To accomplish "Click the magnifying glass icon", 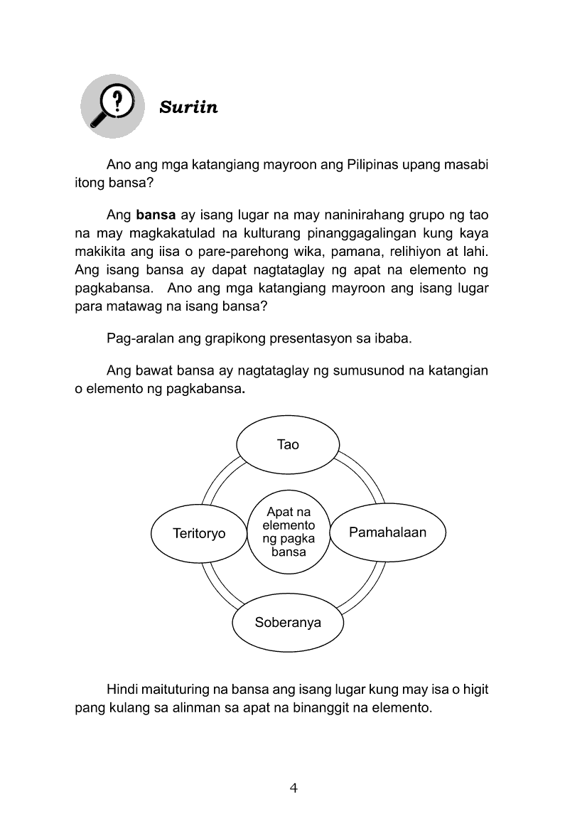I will pyautogui.click(x=112, y=107).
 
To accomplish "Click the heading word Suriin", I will pyautogui.click(x=188, y=107).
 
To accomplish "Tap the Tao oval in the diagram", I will pyautogui.click(x=288, y=444).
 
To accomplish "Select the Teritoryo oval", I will pyautogui.click(x=199, y=533).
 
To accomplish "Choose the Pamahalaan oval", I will pyautogui.click(x=387, y=532).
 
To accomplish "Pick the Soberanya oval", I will pyautogui.click(x=288, y=623).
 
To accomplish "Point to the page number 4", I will pyautogui.click(x=293, y=788).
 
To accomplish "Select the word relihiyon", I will pyautogui.click(x=418, y=252).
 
